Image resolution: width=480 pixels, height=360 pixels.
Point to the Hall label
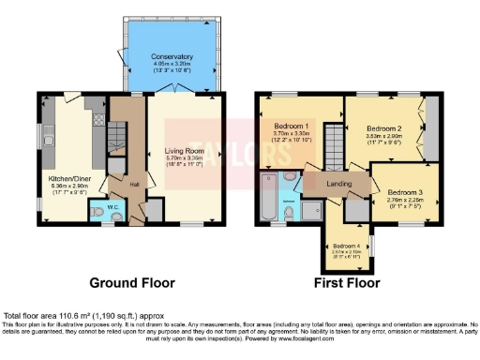[134, 184]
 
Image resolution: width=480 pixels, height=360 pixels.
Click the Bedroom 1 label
[291, 126]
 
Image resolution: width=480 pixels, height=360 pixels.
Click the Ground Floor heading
[132, 281]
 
